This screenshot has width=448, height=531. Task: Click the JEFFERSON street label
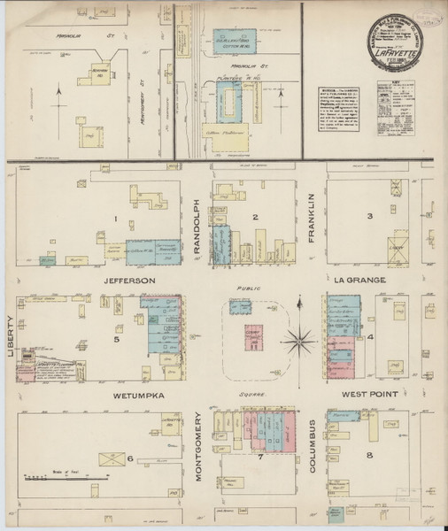pyautogui.click(x=128, y=280)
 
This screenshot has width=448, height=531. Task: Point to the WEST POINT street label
pyautogui.click(x=360, y=396)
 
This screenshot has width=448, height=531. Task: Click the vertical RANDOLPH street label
pyautogui.click(x=197, y=228)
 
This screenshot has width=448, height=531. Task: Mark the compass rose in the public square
pyautogui.click(x=301, y=338)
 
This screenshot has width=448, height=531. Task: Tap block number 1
pyautogui.click(x=114, y=217)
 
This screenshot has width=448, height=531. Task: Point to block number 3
pyautogui.click(x=368, y=216)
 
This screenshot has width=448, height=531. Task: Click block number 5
pyautogui.click(x=116, y=338)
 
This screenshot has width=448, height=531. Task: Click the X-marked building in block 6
pyautogui.click(x=112, y=459)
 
